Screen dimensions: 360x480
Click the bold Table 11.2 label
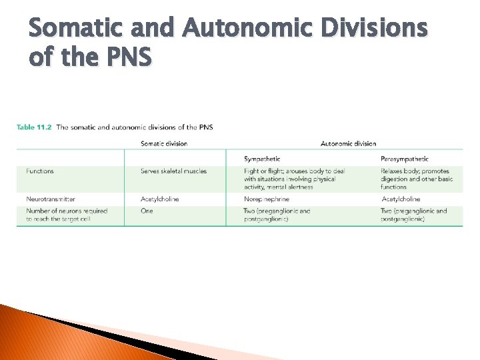(x=34, y=127)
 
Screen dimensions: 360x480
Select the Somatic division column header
(x=164, y=143)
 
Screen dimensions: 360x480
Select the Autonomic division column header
(x=348, y=143)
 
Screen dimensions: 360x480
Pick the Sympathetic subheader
(x=262, y=159)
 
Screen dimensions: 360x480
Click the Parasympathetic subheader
(x=405, y=159)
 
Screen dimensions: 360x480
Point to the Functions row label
(x=40, y=171)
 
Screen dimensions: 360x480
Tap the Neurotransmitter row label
(x=51, y=199)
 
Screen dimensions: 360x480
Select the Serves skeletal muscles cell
(x=173, y=171)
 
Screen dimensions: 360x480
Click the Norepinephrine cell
(x=267, y=199)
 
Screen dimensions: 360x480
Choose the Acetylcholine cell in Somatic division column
(x=160, y=199)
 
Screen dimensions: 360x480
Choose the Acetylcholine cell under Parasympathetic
(x=401, y=199)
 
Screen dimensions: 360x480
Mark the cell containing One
(x=147, y=211)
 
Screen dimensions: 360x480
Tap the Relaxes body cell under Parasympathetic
(x=417, y=179)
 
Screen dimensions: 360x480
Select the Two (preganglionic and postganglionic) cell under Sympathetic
(x=277, y=215)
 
